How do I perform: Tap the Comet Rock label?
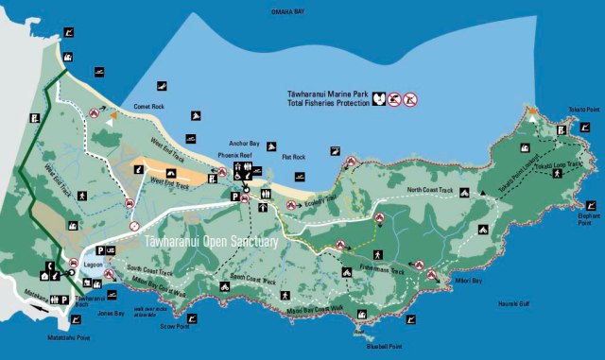[x=150, y=107]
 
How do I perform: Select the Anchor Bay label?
[x=239, y=132]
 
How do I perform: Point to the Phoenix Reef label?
[x=233, y=152]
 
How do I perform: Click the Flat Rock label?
[x=293, y=156]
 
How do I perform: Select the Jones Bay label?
[x=111, y=313]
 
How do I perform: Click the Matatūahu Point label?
[x=69, y=336]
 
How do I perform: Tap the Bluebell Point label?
[x=377, y=345]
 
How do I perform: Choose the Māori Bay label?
[x=464, y=277]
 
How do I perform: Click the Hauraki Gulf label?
[x=515, y=303]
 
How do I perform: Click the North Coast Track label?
[x=430, y=191]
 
